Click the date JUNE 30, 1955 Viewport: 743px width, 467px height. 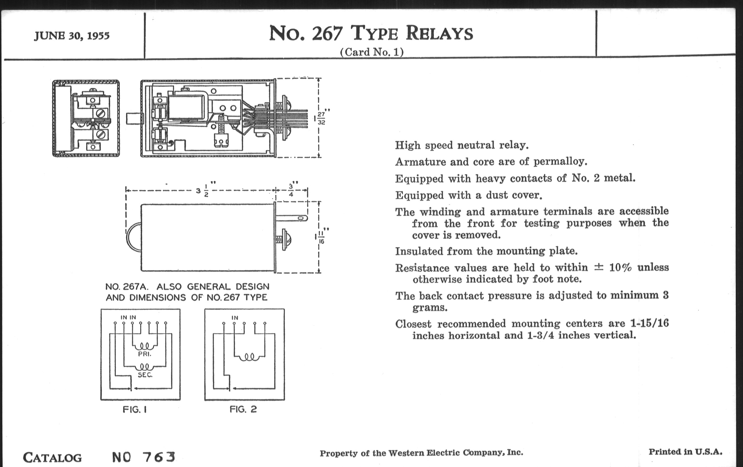click(71, 36)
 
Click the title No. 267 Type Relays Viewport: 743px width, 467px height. click(371, 33)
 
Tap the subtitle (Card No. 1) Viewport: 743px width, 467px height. click(371, 52)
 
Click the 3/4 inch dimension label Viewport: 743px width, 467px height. click(291, 190)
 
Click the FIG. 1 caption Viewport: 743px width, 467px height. click(134, 409)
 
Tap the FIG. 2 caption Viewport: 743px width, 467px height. click(243, 409)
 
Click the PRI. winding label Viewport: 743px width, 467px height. click(145, 354)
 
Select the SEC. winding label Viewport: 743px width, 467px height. click(145, 375)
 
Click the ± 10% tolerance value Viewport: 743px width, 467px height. click(613, 267)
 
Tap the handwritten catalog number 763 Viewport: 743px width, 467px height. click(159, 457)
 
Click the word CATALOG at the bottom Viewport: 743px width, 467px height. click(53, 458)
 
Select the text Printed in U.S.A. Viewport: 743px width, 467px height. click(685, 452)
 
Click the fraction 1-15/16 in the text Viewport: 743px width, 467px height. click(650, 323)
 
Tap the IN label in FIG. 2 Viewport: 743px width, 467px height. click(235, 317)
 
